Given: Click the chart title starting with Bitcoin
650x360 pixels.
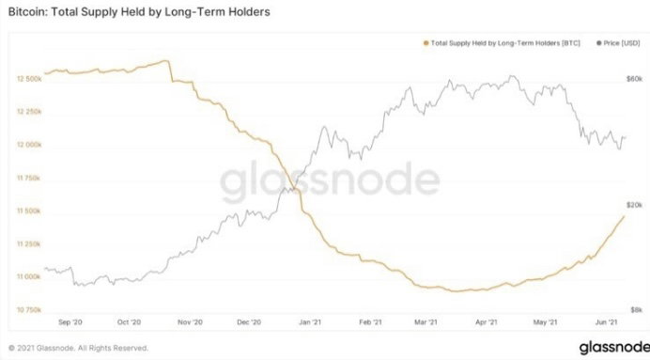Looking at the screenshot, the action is [139, 11].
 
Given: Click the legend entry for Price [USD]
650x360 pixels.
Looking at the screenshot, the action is [618, 42].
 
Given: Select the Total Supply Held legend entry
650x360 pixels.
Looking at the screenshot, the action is [502, 42].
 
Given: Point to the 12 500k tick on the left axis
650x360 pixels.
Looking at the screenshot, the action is [29, 78].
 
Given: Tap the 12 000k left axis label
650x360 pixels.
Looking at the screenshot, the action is [29, 145].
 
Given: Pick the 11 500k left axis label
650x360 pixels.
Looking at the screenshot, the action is [29, 211].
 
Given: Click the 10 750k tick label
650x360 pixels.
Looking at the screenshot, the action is [29, 310].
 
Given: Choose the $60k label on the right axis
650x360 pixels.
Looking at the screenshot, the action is [634, 78].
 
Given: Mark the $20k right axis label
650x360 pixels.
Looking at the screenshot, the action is [634, 205].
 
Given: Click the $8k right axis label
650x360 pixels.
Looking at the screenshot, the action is [636, 310].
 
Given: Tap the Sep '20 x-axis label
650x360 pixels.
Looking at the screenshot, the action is [70, 321].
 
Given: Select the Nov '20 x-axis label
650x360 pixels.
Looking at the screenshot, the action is [190, 321].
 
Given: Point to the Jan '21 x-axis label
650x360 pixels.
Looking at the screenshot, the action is [310, 321].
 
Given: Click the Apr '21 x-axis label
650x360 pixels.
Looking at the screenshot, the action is [486, 321].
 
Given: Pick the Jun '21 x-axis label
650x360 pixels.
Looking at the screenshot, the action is [607, 321].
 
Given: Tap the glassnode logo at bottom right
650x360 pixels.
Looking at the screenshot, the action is [614, 347].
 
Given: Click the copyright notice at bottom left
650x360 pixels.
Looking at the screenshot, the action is [78, 348].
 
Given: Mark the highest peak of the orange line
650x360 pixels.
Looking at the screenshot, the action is [166, 61].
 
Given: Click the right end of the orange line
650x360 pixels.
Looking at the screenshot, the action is [625, 216].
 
